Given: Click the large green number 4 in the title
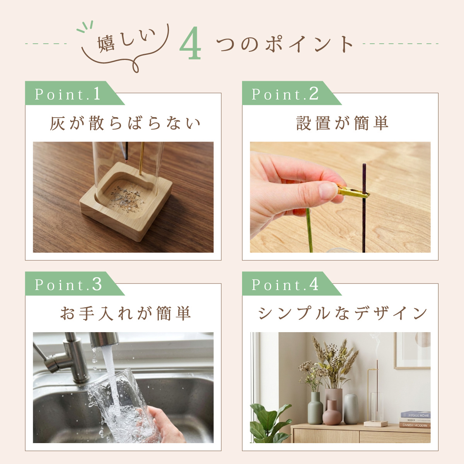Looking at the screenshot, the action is click(190, 43).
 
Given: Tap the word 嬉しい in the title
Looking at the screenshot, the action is click(127, 40).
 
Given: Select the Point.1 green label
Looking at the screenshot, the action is click(75, 93).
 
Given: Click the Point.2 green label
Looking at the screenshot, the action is click(292, 93).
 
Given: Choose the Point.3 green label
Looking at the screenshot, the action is click(75, 284).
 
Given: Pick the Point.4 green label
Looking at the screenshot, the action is click(292, 284).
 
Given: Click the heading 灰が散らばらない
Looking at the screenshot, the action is click(125, 123).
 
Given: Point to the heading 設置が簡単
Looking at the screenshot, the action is click(342, 123).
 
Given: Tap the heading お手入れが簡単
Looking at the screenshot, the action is click(125, 313).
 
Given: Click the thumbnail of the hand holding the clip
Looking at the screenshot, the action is click(340, 197).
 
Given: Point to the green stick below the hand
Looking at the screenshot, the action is click(309, 230).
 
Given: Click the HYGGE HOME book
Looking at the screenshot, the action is click(416, 415).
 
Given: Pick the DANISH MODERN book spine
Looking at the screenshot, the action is click(415, 425).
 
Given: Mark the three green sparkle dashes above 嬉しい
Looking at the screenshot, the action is click(85, 27).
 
